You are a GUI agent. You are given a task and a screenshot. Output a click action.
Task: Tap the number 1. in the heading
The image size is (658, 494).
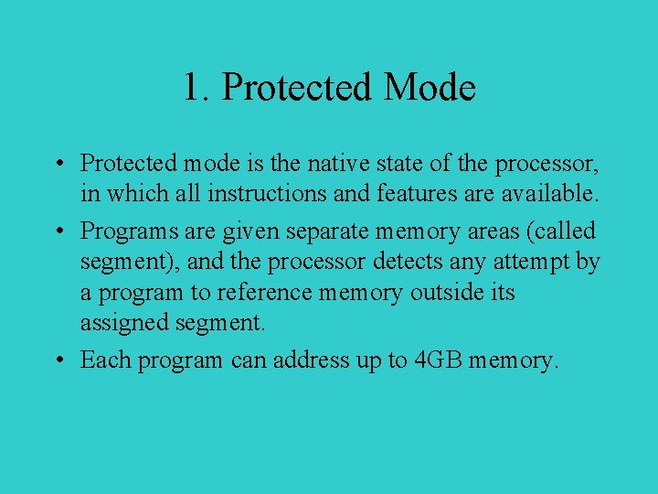(x=196, y=88)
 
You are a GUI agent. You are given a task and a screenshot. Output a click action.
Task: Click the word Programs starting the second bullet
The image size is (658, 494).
(x=123, y=231)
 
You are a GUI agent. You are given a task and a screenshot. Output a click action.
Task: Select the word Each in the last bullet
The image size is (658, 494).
(x=105, y=360)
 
